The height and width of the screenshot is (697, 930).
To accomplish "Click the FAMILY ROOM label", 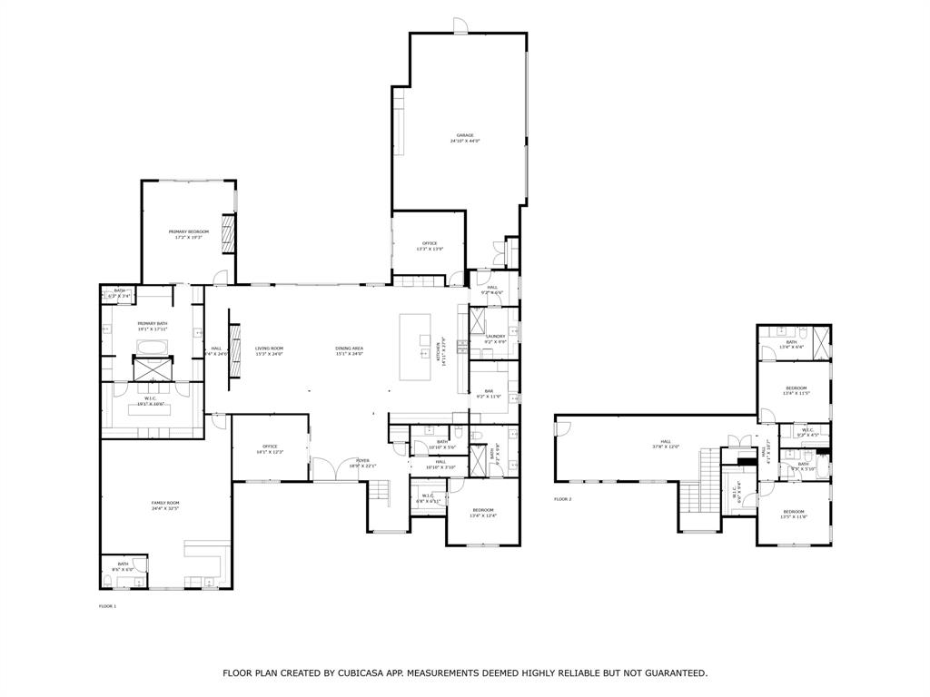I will [165, 506].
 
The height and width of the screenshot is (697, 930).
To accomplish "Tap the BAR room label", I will [488, 393].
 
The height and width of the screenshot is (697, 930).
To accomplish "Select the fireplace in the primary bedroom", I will [230, 233].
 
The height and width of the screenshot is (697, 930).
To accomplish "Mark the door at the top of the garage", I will [461, 25].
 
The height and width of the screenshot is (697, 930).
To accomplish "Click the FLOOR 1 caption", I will [108, 605].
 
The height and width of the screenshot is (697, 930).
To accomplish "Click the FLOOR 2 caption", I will [563, 499].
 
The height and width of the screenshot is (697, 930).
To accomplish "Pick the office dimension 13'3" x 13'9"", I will [430, 249].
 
